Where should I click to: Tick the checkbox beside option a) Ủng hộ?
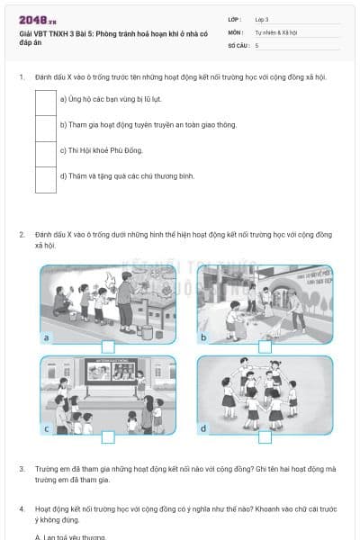pyautogui.click(x=46, y=99)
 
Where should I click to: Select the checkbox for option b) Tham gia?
pyautogui.click(x=46, y=125)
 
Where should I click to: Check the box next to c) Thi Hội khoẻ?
pyautogui.click(x=46, y=150)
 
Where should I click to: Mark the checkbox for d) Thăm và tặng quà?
pyautogui.click(x=46, y=176)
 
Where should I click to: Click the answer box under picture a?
pyautogui.click(x=108, y=346)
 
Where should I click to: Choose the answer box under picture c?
pyautogui.click(x=108, y=436)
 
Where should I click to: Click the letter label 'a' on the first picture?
pyautogui.click(x=46, y=337)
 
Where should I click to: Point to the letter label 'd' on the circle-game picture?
pyautogui.click(x=203, y=428)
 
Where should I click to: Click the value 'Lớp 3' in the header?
pyautogui.click(x=262, y=19)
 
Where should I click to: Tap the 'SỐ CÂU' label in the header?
pyautogui.click(x=238, y=44)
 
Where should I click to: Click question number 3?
pyautogui.click(x=22, y=469)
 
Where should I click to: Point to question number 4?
pyautogui.click(x=22, y=508)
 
